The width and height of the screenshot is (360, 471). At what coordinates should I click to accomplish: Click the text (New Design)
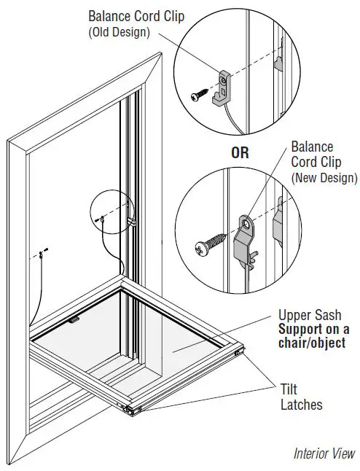(x=324, y=178)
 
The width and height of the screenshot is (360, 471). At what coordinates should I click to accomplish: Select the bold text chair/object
(x=312, y=343)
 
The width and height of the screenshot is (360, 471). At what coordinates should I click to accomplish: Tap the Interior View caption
(x=324, y=453)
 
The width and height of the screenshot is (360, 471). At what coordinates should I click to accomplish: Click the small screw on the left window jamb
(x=42, y=252)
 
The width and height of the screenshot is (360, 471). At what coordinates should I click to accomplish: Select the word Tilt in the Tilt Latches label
(x=291, y=388)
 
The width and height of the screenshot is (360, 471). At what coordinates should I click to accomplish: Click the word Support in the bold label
(x=300, y=330)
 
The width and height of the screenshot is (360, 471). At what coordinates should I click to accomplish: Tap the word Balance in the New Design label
(x=312, y=147)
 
